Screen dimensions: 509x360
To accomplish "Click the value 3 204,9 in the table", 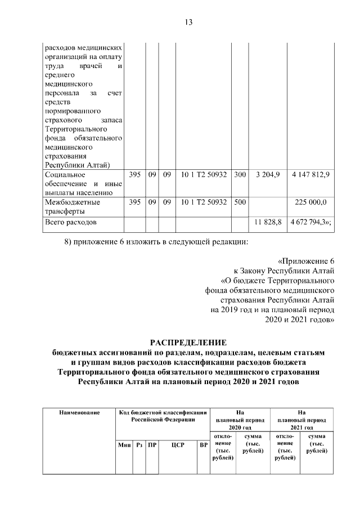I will tap(268, 175).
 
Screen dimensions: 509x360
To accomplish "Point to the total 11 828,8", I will tap(268, 223).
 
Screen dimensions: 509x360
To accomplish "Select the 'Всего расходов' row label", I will tap(70, 223).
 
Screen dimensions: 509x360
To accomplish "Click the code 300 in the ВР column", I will tap(240, 175).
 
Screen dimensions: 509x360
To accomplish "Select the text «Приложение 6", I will tap(306, 260).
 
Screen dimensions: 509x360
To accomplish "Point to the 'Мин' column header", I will tap(124, 444).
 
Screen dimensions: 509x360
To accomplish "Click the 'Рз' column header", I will tap(139, 444).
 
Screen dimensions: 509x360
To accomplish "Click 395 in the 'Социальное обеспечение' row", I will tap(134, 175).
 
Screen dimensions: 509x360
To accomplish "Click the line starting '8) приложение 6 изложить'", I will tap(154, 242).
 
